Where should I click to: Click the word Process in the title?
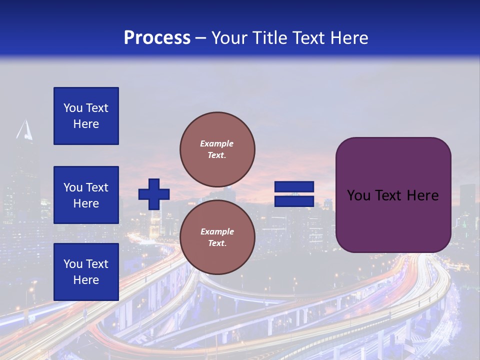click(x=157, y=38)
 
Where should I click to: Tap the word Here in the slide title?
click(x=348, y=38)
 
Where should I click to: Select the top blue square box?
click(x=86, y=116)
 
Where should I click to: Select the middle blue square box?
click(x=86, y=195)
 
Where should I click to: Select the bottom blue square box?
click(x=86, y=271)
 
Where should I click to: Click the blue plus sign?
click(x=154, y=194)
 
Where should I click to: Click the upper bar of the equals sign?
click(x=294, y=187)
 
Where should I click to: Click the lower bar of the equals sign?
click(x=294, y=201)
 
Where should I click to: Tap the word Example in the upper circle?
click(x=216, y=143)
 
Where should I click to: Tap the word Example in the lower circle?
click(x=217, y=231)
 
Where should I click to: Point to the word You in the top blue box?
click(x=73, y=108)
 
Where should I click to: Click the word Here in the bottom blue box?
click(x=86, y=280)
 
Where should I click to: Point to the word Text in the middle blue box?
click(x=97, y=187)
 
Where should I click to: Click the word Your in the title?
click(x=229, y=38)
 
